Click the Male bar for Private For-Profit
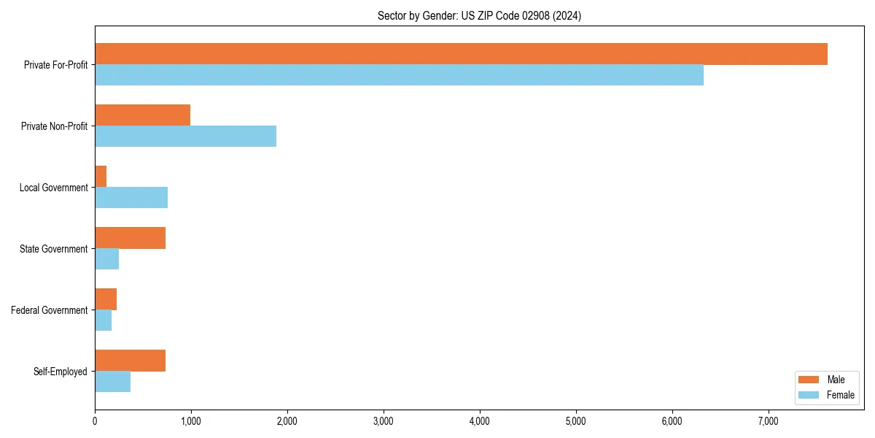(x=461, y=54)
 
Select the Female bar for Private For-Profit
(x=399, y=75)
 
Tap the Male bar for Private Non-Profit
(x=142, y=115)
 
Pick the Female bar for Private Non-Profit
(x=185, y=137)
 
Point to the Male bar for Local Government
(x=101, y=177)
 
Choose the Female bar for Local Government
(x=131, y=198)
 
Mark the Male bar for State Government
(x=130, y=238)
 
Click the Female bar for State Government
(x=106, y=259)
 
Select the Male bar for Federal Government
(x=106, y=299)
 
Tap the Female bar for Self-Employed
(x=112, y=382)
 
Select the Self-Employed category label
(x=60, y=372)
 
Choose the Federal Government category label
(x=50, y=310)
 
